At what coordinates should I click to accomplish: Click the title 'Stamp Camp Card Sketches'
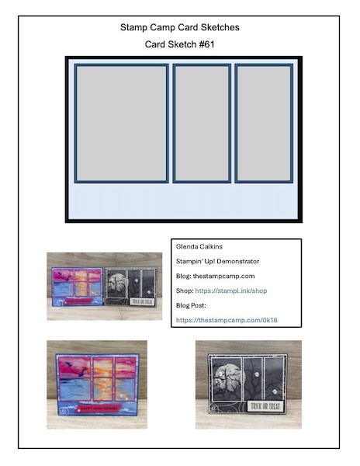(x=179, y=27)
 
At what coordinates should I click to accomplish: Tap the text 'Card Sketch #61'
(x=179, y=44)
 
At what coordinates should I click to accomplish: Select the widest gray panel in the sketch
(x=121, y=123)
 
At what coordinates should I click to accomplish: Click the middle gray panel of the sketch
(x=202, y=123)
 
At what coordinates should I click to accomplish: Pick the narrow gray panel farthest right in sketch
(x=264, y=123)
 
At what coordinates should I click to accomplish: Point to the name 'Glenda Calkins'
(x=199, y=247)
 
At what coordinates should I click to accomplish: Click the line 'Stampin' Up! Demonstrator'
(x=217, y=261)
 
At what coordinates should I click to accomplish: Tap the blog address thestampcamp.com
(x=223, y=276)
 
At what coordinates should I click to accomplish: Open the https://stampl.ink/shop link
(x=231, y=290)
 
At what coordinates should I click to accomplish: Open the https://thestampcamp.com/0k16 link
(x=227, y=320)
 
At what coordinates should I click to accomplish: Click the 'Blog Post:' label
(x=191, y=305)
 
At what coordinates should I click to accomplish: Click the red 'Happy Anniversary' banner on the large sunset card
(x=97, y=409)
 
